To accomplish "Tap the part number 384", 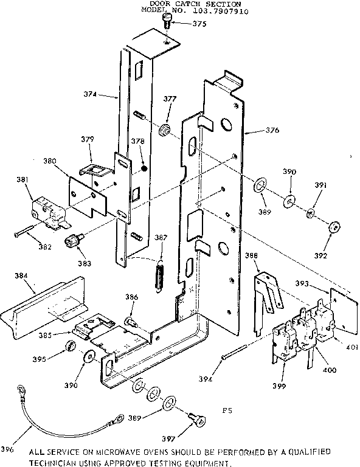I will (x=21, y=275).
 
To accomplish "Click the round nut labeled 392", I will (x=334, y=227).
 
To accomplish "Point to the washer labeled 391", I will (x=310, y=213).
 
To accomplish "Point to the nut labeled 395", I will (x=70, y=347).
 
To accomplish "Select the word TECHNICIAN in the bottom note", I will (x=54, y=463).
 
